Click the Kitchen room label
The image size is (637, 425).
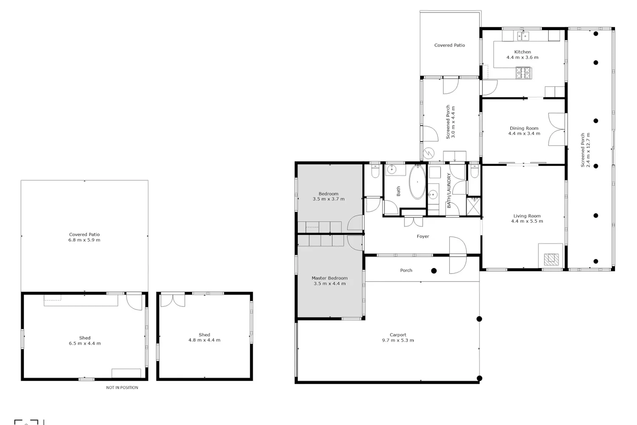(522, 52)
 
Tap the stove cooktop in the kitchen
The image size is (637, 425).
(524, 73)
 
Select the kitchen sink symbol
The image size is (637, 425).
(523, 36)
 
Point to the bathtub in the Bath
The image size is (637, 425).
(417, 181)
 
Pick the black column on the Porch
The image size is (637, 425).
(434, 271)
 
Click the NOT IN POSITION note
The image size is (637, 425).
(122, 388)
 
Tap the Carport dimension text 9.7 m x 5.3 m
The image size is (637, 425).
(398, 340)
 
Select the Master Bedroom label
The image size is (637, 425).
(330, 278)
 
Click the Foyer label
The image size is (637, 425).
(423, 236)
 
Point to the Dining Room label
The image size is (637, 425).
(524, 128)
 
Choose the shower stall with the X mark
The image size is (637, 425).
(474, 206)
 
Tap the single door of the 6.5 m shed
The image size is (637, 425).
(134, 302)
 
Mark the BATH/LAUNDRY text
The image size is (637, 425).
(449, 190)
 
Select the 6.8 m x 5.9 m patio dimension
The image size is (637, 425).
(84, 240)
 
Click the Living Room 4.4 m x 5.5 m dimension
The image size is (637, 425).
(527, 221)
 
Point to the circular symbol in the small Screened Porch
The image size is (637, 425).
(428, 153)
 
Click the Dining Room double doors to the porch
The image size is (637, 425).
(556, 130)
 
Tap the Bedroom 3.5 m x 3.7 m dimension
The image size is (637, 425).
(328, 199)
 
